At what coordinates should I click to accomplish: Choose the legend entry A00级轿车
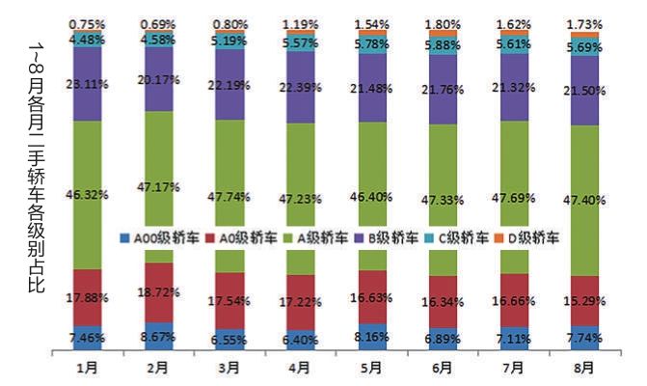(x=152, y=236)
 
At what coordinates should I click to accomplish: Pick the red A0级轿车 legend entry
(x=228, y=236)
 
